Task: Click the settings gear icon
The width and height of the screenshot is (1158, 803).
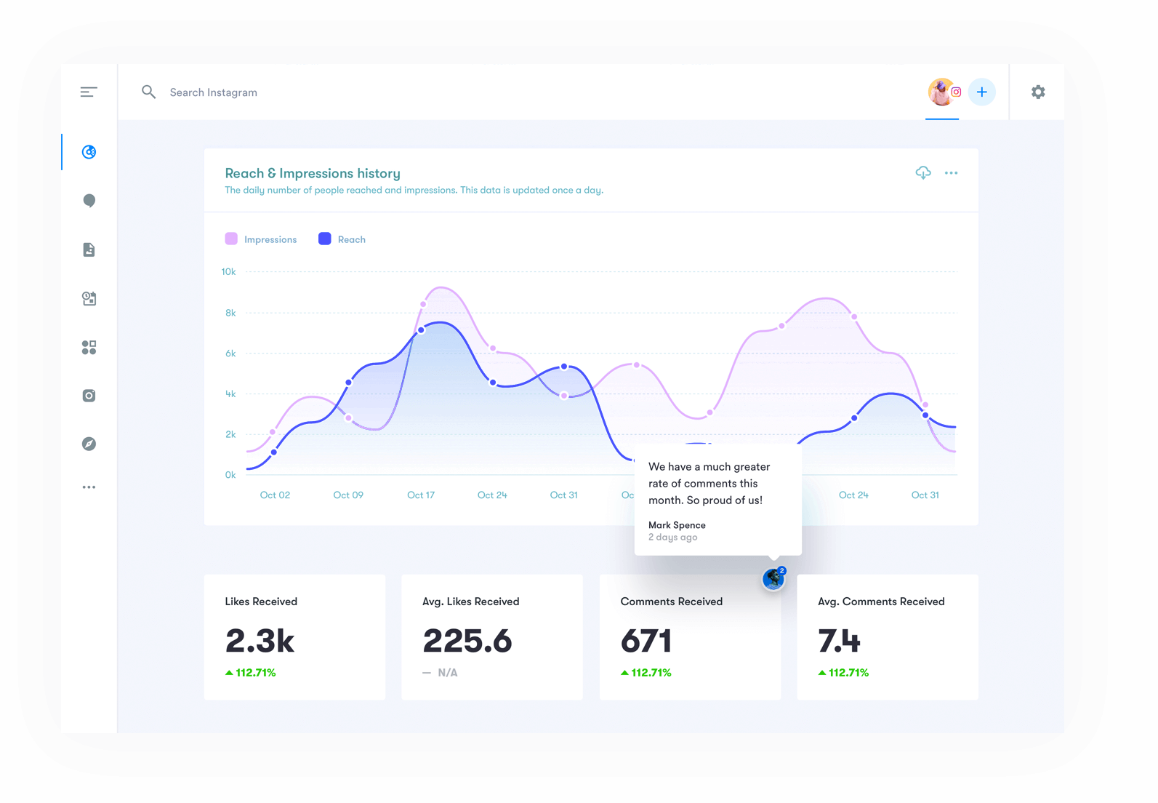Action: click(x=1038, y=92)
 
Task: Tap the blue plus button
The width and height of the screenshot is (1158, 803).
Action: click(x=982, y=92)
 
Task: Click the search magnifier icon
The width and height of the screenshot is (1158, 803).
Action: click(x=148, y=92)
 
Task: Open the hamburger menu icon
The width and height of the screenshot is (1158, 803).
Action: click(x=89, y=92)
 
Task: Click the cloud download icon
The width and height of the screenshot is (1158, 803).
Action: click(x=923, y=172)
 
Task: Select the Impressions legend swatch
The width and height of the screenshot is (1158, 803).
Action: click(x=231, y=239)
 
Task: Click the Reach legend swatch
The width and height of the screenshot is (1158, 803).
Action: click(x=325, y=239)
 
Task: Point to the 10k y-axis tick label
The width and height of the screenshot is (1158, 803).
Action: click(x=228, y=272)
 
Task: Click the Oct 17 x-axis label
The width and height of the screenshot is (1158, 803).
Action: click(x=421, y=495)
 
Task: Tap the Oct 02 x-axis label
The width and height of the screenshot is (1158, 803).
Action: click(x=275, y=495)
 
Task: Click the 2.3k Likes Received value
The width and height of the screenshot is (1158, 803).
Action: click(x=260, y=641)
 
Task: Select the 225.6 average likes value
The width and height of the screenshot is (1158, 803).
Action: click(x=467, y=641)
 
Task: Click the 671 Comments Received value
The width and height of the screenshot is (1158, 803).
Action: click(x=646, y=641)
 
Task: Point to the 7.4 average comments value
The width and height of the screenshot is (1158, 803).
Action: click(x=839, y=641)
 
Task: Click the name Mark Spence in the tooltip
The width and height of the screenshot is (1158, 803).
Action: click(x=677, y=525)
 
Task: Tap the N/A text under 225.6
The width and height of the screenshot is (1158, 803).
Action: click(x=448, y=673)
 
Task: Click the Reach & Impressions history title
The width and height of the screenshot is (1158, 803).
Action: click(x=313, y=173)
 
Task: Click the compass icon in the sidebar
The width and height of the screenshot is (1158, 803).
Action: click(x=89, y=444)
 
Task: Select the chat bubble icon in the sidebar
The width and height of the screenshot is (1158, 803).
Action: click(x=89, y=201)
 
